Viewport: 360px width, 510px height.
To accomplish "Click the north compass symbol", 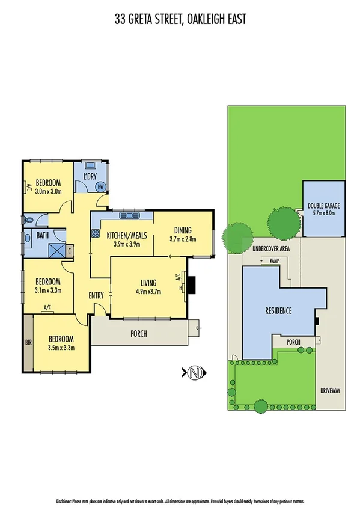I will (x=194, y=373).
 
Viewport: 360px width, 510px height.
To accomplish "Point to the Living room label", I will (x=148, y=283).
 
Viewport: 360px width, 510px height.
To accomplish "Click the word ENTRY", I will (x=96, y=295).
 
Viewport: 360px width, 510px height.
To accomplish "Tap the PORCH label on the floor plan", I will (x=138, y=334).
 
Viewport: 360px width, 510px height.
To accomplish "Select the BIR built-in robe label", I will (x=28, y=343).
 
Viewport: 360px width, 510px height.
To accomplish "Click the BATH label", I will (x=42, y=235).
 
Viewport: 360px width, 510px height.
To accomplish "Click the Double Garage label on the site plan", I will (x=324, y=206).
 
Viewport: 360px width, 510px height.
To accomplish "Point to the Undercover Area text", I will (x=271, y=248).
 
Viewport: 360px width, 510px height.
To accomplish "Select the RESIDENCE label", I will (x=278, y=311).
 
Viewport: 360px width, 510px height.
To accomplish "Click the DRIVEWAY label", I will (x=331, y=390).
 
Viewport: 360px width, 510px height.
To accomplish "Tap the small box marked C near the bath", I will (x=70, y=250).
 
